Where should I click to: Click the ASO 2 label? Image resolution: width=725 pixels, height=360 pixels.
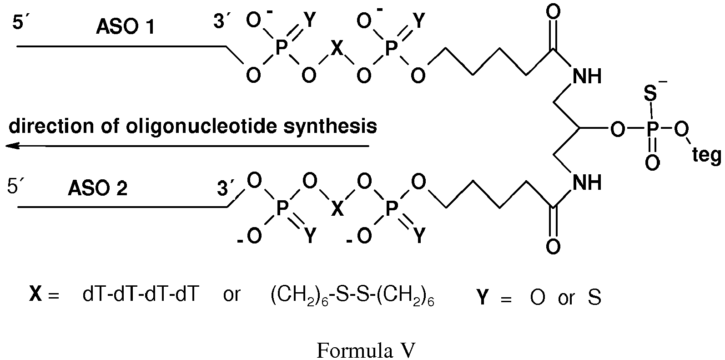click(x=98, y=188)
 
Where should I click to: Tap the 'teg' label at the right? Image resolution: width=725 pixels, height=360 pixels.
click(x=706, y=156)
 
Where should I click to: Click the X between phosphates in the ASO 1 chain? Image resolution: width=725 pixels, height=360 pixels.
click(x=336, y=49)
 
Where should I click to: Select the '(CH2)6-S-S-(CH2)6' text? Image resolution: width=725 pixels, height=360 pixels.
click(x=352, y=297)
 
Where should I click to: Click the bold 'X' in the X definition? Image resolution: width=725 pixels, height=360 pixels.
click(x=35, y=296)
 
